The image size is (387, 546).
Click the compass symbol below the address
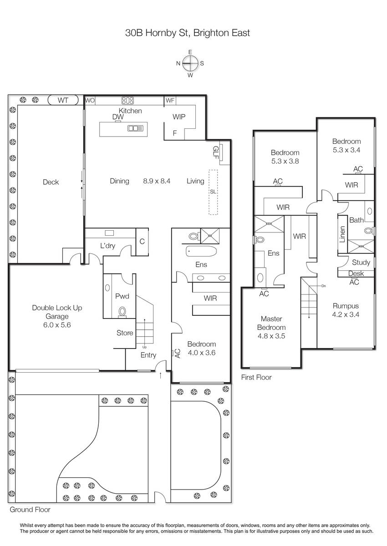[190, 63]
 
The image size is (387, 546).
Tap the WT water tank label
[63, 100]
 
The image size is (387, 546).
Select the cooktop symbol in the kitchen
[127, 101]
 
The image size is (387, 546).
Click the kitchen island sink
[136, 128]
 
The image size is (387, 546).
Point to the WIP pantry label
[179, 117]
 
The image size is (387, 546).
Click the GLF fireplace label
[215, 152]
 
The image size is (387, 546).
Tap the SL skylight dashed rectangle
[213, 192]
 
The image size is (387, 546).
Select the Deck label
[51, 182]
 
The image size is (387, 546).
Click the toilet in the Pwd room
[122, 312]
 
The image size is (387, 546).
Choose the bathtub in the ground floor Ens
[201, 251]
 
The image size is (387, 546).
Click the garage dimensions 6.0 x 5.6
[57, 325]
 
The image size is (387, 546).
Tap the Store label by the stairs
[125, 333]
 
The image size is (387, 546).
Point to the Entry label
[148, 355]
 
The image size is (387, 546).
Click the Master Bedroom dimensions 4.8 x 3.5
[271, 336]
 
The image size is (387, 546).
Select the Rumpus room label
[346, 306]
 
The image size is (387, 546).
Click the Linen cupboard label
[342, 234]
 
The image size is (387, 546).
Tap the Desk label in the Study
[356, 273]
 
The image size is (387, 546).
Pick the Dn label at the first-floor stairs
[324, 286]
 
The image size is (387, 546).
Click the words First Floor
[256, 377]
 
